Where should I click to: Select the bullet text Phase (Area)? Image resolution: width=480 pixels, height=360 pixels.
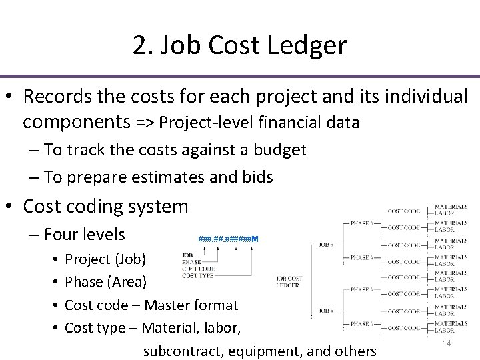pyautogui.click(x=105, y=282)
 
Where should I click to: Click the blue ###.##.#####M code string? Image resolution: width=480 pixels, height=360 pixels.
pyautogui.click(x=229, y=239)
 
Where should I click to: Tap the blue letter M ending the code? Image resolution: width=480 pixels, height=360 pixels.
pyautogui.click(x=255, y=239)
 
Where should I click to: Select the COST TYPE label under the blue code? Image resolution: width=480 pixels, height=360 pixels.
pyautogui.click(x=197, y=275)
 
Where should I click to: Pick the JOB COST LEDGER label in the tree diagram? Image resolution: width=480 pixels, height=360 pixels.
pyautogui.click(x=289, y=281)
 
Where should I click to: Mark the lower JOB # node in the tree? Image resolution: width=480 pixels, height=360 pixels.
pyautogui.click(x=327, y=309)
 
